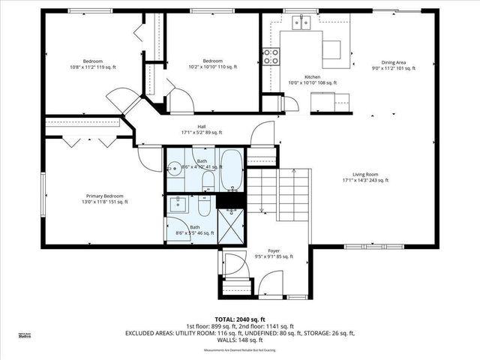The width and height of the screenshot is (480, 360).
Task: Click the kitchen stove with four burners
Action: click(271, 57)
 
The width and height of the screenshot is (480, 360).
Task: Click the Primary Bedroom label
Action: click(106, 198)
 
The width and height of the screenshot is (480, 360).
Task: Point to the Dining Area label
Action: click(394, 65)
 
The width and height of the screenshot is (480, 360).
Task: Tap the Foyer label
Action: click(274, 253)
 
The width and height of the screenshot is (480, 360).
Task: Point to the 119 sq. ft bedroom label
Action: click(93, 64)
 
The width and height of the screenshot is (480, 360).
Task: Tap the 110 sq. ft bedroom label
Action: click(213, 64)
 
